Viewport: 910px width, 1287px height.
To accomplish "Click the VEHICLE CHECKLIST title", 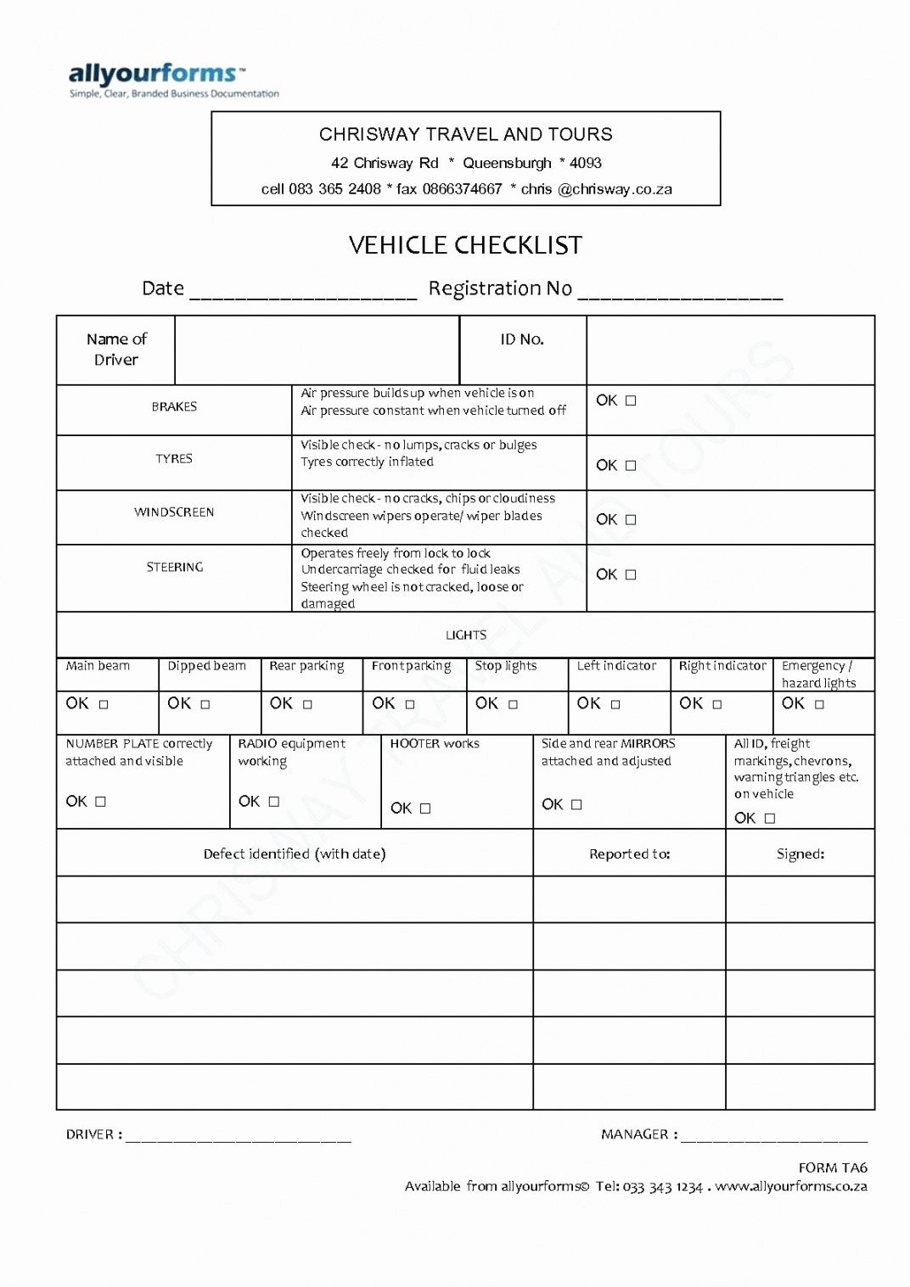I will point(465,245).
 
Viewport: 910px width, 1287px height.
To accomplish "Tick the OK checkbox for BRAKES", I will point(631,400).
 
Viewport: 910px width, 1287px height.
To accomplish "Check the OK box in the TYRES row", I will point(631,465).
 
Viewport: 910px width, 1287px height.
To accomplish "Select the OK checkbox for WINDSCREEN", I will point(631,519).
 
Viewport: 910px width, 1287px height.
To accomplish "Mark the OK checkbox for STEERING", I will point(631,574).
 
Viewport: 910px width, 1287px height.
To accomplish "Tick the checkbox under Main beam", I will point(104,704).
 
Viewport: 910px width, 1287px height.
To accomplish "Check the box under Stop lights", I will point(513,704).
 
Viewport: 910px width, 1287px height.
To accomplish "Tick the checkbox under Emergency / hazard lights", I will point(819,704).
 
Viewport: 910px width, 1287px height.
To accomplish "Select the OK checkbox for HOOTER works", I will point(425,809).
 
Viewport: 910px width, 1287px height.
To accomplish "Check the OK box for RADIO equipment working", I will point(273,801).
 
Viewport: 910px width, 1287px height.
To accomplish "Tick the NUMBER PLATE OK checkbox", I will point(100,801).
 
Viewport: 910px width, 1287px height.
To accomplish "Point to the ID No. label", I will point(522,339).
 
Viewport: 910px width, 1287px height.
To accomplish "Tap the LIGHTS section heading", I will point(466,635).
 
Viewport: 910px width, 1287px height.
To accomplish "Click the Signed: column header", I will point(800,853).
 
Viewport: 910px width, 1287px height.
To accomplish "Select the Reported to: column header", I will point(629,853).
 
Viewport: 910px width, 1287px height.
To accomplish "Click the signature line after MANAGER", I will point(773,1137).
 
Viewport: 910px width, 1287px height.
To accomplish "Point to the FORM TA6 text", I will point(832,1167).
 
